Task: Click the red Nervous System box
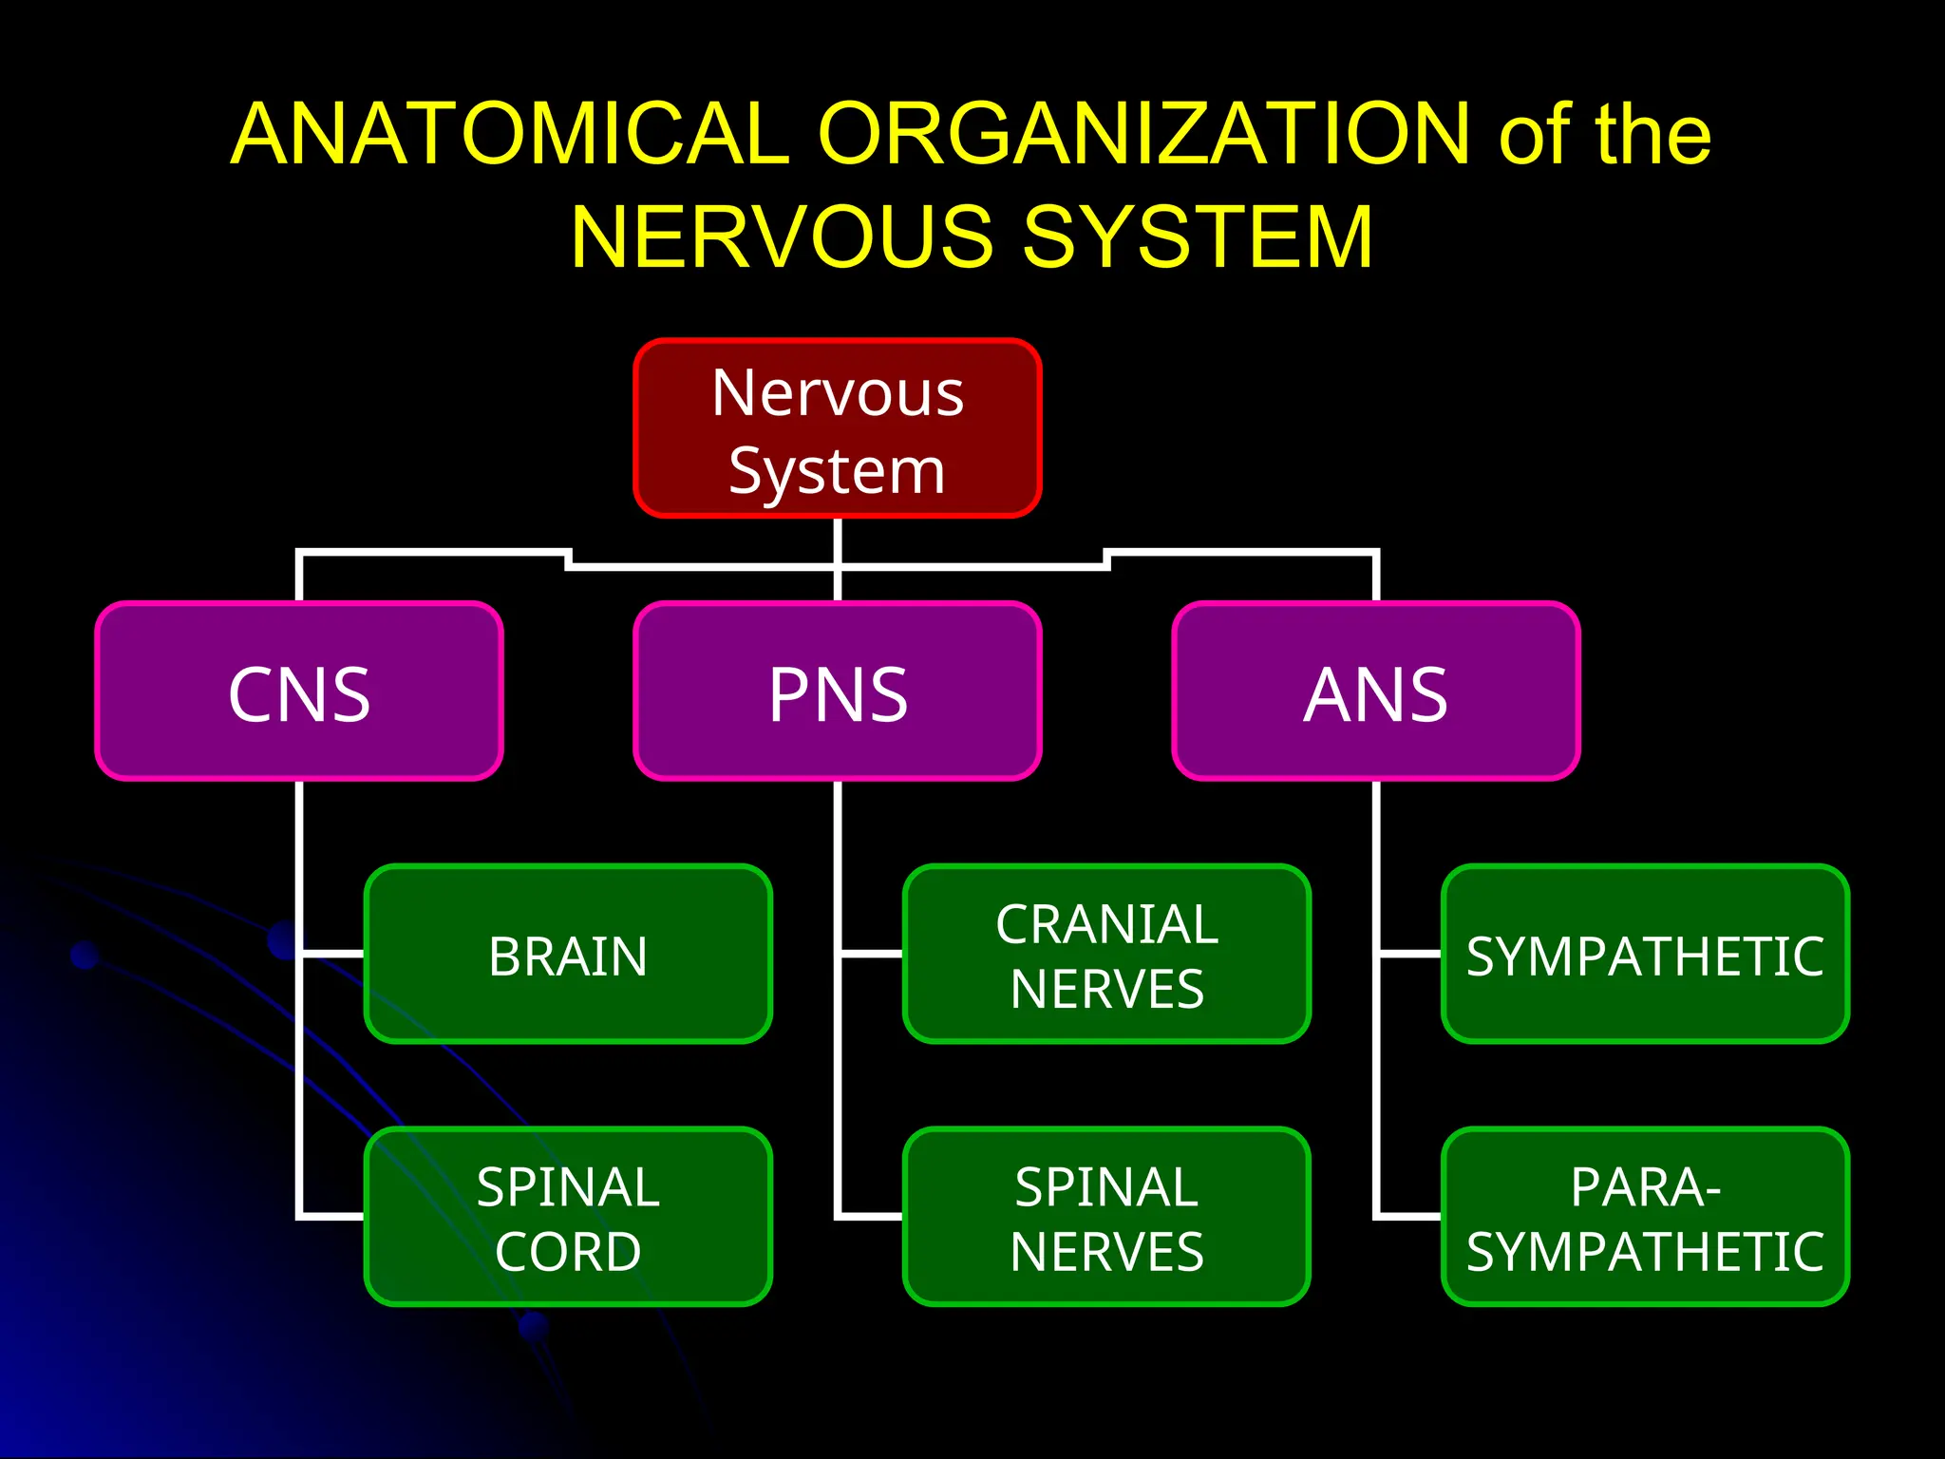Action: [x=837, y=428]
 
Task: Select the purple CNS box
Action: [x=299, y=692]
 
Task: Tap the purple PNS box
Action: [x=837, y=692]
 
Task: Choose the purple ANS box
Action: [x=1375, y=692]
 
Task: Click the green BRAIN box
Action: [x=568, y=954]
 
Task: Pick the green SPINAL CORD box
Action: [x=568, y=1217]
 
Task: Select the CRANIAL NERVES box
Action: [x=1106, y=954]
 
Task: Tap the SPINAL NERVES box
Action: [x=1106, y=1217]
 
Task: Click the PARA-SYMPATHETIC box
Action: [x=1645, y=1217]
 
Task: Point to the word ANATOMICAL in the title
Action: [x=510, y=134]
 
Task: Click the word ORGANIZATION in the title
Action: [x=1143, y=134]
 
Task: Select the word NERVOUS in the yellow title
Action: [x=781, y=237]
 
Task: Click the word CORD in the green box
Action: [x=568, y=1251]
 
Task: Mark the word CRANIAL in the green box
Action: [x=1106, y=924]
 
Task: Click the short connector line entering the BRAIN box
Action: [x=332, y=953]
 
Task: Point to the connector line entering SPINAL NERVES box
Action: [x=869, y=1215]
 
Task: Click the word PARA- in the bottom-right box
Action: [x=1645, y=1187]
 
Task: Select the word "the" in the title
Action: [x=1652, y=134]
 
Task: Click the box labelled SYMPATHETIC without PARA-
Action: [x=1645, y=954]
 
